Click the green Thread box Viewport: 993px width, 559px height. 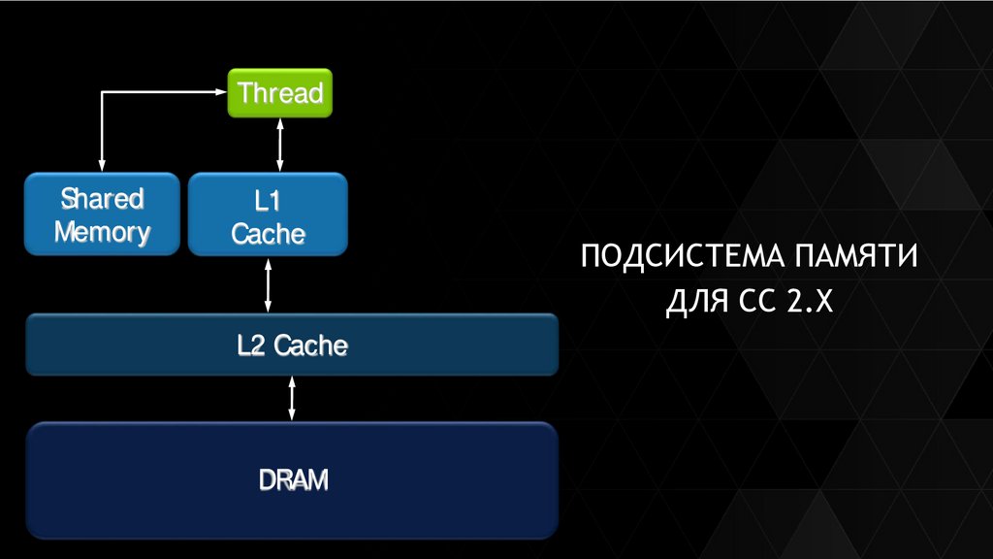click(279, 94)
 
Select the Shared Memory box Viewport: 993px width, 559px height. click(102, 214)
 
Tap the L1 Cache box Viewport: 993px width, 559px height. click(268, 214)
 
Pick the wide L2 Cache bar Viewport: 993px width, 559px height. click(292, 345)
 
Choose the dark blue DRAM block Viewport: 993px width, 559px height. click(292, 479)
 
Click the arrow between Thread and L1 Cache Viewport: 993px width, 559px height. click(280, 145)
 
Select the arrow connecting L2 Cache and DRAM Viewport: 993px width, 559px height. click(292, 398)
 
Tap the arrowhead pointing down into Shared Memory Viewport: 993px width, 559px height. click(102, 167)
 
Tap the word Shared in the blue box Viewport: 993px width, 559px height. click(102, 199)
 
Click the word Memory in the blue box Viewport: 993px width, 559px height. click(102, 232)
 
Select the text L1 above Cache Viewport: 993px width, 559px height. click(268, 201)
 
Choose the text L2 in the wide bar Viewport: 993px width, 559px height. click(252, 345)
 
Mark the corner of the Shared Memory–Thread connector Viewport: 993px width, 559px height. click(102, 93)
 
